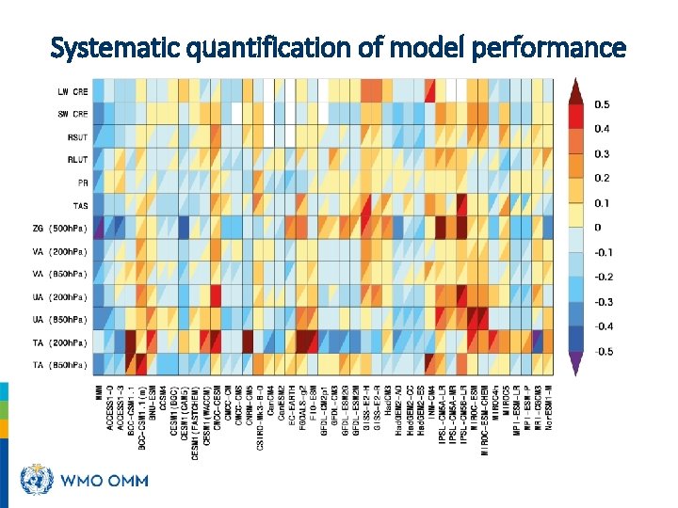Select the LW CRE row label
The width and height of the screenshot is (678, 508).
(x=73, y=91)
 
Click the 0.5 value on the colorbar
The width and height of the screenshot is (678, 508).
(x=601, y=104)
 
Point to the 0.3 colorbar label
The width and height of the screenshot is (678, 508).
(x=601, y=153)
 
